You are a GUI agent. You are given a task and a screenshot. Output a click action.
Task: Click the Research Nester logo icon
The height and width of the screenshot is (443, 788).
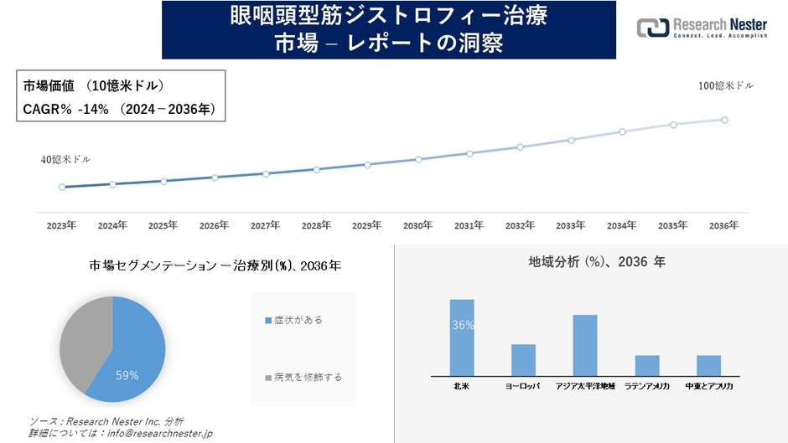coord(654,28)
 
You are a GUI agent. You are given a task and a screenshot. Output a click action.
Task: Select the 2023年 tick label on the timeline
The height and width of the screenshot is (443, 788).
coord(61,226)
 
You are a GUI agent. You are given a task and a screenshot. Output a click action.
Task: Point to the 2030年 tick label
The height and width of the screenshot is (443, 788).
coord(417,226)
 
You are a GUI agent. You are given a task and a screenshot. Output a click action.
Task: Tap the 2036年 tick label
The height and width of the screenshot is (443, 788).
coord(723,226)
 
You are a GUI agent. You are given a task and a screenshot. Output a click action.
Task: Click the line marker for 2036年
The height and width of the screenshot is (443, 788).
coord(724,120)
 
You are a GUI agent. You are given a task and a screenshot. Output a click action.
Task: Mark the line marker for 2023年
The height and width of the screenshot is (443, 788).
coord(62,187)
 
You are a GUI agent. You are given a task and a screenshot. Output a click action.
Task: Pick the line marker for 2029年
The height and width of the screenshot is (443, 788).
coord(367,164)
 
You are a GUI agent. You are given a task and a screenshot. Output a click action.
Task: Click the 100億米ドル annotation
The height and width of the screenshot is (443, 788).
coord(726,86)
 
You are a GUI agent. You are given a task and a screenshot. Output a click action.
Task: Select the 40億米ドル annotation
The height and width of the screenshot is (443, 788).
coord(65,159)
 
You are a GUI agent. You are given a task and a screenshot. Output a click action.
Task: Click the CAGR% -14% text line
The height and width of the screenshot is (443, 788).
coord(117,108)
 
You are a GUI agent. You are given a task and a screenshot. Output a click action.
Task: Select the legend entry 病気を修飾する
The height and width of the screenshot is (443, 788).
coord(303,377)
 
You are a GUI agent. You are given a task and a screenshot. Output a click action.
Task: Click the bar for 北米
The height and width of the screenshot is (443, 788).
coord(462,337)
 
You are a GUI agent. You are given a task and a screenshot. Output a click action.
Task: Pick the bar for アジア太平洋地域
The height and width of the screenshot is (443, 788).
coord(585,345)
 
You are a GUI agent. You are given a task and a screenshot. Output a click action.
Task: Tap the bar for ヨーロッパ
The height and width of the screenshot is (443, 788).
coord(523,360)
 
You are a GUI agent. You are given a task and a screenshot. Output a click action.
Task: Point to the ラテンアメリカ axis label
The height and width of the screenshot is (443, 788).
coord(646,387)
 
